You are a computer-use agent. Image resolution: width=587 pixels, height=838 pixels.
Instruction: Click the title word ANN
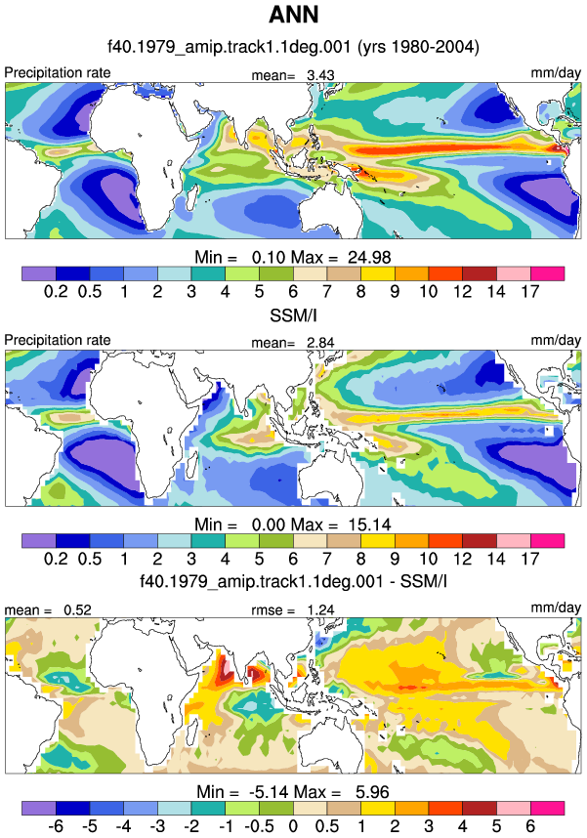293,15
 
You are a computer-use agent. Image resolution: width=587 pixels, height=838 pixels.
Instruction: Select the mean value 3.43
320,75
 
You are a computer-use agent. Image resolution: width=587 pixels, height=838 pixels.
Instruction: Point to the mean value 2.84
320,343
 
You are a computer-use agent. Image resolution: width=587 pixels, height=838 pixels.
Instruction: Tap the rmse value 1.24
320,609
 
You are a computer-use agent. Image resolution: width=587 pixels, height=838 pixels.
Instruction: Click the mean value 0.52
77,609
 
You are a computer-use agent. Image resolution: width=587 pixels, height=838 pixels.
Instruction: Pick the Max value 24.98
369,257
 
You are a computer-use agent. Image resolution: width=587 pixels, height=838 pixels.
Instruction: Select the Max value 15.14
369,524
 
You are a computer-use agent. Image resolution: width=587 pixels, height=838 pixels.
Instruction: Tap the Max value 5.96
372,791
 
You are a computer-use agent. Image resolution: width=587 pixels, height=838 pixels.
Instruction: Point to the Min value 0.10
269,257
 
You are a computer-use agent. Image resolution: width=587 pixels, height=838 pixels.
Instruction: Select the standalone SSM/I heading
293,315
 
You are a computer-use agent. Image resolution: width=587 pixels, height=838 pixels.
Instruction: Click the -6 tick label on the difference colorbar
56,825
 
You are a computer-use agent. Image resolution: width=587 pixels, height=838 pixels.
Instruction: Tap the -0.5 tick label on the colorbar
259,825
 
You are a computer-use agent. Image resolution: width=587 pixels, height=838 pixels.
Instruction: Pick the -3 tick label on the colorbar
157,825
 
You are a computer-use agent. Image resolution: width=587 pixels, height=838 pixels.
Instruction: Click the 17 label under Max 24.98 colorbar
530,291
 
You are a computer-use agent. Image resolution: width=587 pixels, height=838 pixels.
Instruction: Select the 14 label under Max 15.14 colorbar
496,559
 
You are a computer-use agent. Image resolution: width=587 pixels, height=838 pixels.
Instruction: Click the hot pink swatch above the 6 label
547,808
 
